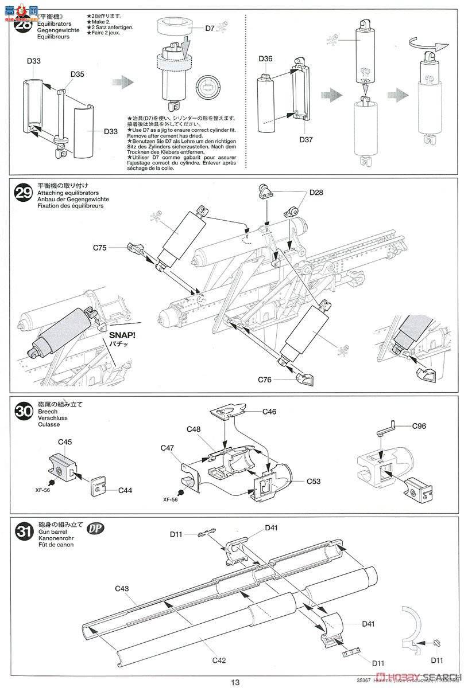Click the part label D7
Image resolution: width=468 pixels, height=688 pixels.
(210, 28)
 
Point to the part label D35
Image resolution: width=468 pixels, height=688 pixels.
(78, 74)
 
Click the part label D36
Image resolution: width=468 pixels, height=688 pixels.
(265, 59)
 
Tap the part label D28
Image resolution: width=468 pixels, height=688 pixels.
(315, 193)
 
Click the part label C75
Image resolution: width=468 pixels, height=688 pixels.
(100, 248)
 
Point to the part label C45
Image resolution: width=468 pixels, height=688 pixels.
(65, 441)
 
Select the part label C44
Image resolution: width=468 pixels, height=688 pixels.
(125, 490)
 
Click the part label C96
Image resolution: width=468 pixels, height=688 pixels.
(421, 426)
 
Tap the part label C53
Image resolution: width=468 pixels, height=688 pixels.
(313, 482)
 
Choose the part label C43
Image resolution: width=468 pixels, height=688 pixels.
(122, 589)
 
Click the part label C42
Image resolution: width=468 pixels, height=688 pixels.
(218, 660)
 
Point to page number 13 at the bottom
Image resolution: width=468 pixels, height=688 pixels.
(235, 682)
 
